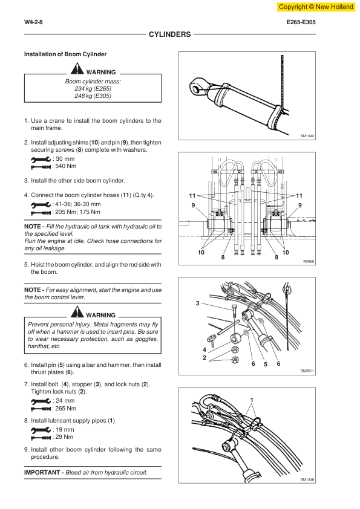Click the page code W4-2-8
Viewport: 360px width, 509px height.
pyautogui.click(x=33, y=22)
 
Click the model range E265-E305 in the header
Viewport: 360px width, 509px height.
pyautogui.click(x=301, y=22)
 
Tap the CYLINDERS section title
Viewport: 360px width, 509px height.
pyautogui.click(x=170, y=34)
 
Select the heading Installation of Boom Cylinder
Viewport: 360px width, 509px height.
pyautogui.click(x=65, y=54)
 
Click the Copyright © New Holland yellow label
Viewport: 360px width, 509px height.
pyautogui.click(x=316, y=7)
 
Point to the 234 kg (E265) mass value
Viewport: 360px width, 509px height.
pyautogui.click(x=93, y=89)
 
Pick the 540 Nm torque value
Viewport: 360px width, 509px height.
pyautogui.click(x=65, y=166)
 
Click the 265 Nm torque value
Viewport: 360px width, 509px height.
pyautogui.click(x=65, y=409)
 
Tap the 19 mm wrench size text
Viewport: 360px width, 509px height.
pyautogui.click(x=65, y=429)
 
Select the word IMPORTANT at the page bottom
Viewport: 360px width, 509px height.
pyautogui.click(x=42, y=473)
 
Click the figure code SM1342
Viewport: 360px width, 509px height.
pyautogui.click(x=307, y=136)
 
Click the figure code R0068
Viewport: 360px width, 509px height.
pyautogui.click(x=309, y=261)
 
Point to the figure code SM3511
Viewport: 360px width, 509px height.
pyautogui.click(x=307, y=371)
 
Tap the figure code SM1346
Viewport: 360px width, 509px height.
pyautogui.click(x=307, y=479)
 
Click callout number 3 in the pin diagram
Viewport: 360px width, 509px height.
pyautogui.click(x=197, y=303)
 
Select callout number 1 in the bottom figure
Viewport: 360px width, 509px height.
pyautogui.click(x=252, y=400)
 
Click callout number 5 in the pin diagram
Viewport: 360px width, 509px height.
pyautogui.click(x=266, y=365)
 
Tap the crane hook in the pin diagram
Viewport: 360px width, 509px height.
pyautogui.click(x=287, y=287)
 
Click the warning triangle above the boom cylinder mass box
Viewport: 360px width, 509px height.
pyautogui.click(x=77, y=68)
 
